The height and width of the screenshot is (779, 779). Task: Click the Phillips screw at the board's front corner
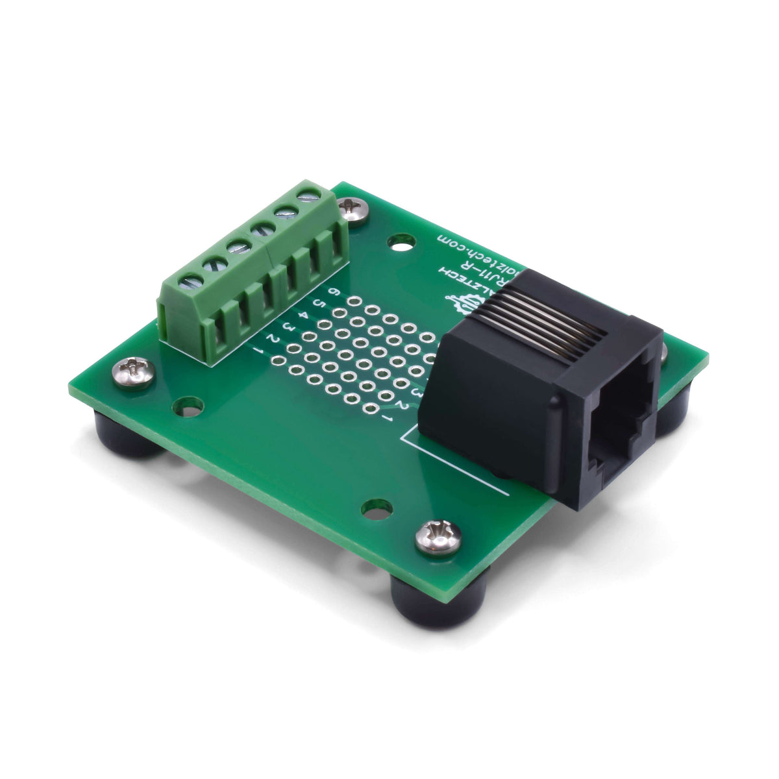click(438, 538)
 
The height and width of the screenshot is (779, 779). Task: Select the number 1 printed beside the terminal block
click(260, 351)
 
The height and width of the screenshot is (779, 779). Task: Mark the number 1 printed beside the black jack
click(389, 419)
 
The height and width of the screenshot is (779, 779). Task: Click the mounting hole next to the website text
click(401, 243)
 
